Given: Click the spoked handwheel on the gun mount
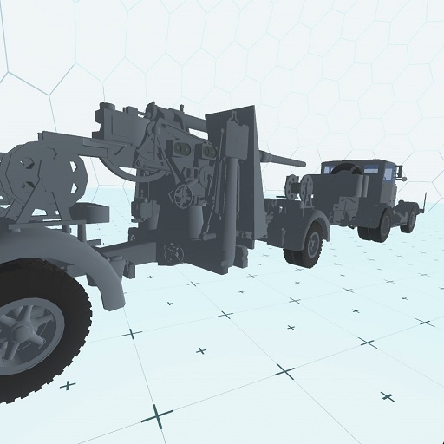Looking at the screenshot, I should point(183,197).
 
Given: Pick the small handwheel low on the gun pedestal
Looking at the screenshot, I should point(171,253).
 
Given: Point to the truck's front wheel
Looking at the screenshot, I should point(408,220).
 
